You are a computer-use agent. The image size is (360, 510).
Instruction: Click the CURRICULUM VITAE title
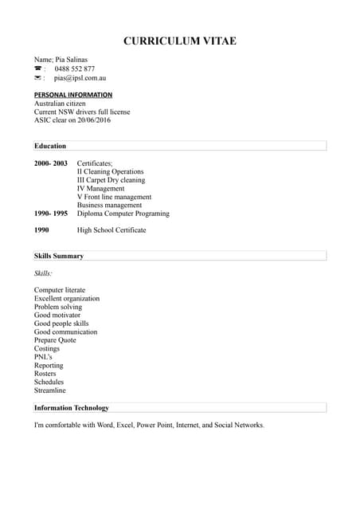tap(180, 41)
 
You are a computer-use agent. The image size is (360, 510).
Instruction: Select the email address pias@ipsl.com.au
tap(80, 79)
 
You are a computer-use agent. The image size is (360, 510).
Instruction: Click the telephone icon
tap(37, 69)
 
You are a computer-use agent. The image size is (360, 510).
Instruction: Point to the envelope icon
tap(37, 79)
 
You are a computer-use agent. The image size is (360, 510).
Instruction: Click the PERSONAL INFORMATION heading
tap(73, 95)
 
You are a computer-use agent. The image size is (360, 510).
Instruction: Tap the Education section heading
tap(50, 146)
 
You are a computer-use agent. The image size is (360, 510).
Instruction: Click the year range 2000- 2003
tap(51, 163)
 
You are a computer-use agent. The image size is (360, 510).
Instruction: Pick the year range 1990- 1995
tap(51, 214)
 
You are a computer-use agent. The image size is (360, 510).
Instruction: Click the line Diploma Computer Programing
tap(123, 214)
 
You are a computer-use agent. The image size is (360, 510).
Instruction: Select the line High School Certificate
tap(112, 230)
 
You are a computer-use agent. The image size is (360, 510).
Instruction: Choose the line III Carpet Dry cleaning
tap(111, 180)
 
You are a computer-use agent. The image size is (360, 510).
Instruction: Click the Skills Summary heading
tap(59, 256)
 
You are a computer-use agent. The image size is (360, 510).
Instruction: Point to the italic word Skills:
tap(43, 273)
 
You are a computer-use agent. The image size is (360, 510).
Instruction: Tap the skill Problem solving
tap(58, 307)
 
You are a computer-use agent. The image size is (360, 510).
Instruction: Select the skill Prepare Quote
tap(55, 340)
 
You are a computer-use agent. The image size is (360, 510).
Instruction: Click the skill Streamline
tap(50, 390)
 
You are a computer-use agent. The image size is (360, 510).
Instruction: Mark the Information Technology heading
tap(72, 408)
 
